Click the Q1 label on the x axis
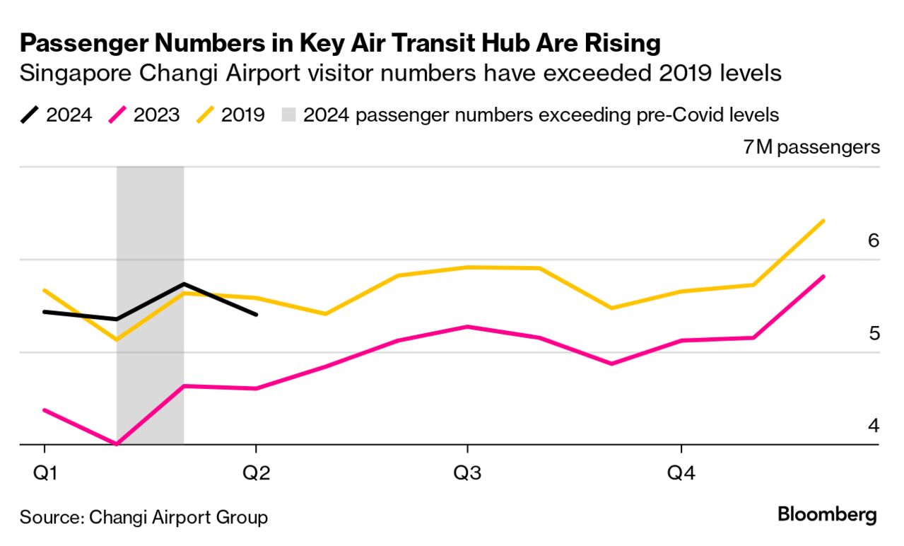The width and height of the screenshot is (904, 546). coord(45,472)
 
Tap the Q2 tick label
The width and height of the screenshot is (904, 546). coord(256,472)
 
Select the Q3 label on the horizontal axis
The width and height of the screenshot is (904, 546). coord(466,472)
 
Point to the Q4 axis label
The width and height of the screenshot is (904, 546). coord(681,472)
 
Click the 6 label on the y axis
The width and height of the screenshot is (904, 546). coord(873,240)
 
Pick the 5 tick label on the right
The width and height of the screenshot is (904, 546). coord(874,332)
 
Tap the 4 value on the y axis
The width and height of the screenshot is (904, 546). coord(874,426)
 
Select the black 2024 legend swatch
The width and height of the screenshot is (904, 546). coord(30,115)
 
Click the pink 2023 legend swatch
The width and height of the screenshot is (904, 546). coord(117,115)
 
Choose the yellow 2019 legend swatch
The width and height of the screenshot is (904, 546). coord(205,115)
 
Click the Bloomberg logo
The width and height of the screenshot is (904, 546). coord(827,515)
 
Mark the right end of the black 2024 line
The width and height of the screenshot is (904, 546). coord(256,315)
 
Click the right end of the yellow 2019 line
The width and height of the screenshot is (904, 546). coord(824,221)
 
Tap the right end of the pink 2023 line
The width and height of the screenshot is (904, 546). coord(824,276)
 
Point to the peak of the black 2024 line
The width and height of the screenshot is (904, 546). coord(184,284)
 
